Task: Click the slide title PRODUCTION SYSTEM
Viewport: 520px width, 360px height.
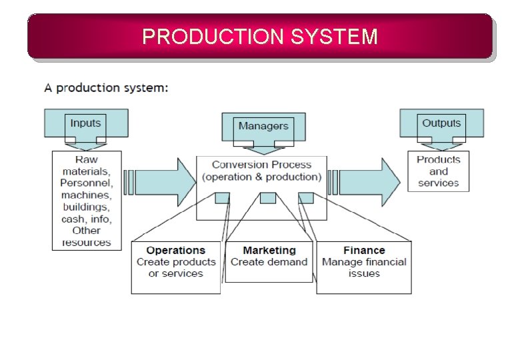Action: point(260,36)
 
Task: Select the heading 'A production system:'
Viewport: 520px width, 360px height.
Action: point(106,88)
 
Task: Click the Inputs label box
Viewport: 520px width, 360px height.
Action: point(85,123)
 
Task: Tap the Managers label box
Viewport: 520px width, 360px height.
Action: point(263,126)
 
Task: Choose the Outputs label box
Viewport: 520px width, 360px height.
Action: point(441,123)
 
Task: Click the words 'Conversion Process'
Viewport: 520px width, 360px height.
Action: point(261,165)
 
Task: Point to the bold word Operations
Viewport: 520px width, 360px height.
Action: point(176,251)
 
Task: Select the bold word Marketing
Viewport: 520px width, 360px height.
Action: point(269,251)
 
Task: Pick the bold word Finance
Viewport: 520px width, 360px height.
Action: point(364,251)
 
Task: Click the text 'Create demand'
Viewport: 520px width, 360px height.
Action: point(269,262)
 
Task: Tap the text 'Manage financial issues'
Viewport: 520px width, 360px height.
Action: point(364,267)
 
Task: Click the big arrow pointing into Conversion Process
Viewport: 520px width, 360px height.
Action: point(160,181)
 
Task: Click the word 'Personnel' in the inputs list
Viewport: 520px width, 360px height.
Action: point(87,183)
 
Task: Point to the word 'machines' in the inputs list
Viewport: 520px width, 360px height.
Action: point(87,195)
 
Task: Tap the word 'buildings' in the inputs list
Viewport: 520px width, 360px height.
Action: point(87,207)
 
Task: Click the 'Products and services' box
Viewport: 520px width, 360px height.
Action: point(438,171)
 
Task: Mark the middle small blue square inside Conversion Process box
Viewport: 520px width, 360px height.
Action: point(267,198)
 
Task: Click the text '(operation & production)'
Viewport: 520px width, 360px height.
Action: point(261,177)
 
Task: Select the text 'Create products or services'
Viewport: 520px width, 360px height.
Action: point(176,268)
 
